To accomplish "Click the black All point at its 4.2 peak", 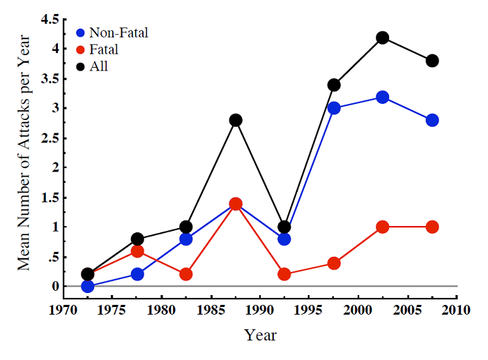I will click(x=383, y=38).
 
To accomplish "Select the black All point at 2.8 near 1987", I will click(x=236, y=120).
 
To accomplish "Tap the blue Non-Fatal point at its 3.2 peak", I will click(x=383, y=97).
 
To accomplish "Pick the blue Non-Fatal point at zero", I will click(x=88, y=286).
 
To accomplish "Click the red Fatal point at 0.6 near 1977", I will click(x=137, y=251).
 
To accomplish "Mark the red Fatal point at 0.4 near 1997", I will click(x=334, y=263).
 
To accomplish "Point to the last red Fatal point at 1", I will click(x=432, y=227).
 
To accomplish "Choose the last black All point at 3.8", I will click(x=432, y=61).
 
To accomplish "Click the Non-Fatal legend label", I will click(x=120, y=32).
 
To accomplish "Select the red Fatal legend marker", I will click(x=81, y=50).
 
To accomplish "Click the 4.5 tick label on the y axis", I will click(x=49, y=20).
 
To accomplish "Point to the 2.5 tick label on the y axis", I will click(x=49, y=138).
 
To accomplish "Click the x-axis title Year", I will click(x=261, y=336).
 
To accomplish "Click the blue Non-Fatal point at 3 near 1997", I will click(x=334, y=108).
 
